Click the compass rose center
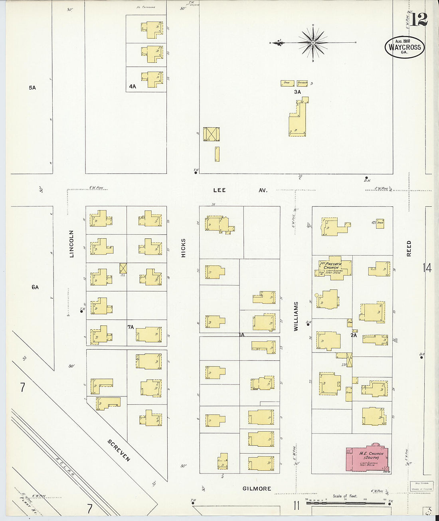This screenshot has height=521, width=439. coord(313,42)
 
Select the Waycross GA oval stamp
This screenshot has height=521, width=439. coord(405,48)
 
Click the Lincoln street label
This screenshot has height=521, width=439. coord(72,244)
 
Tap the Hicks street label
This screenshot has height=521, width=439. coord(184,248)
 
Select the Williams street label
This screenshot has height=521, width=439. coord(296,316)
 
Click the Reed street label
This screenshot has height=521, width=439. coord(409,248)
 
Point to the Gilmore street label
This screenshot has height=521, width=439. coord(257,489)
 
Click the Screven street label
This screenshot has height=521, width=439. coord(119,450)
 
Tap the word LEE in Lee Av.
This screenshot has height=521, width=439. coord(219,190)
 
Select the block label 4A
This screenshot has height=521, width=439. coord(132,86)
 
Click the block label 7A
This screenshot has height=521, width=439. coord(131,327)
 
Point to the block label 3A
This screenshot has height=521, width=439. coord(297,92)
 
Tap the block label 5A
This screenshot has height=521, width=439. coord(32,87)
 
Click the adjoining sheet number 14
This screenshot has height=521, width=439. coord(427,268)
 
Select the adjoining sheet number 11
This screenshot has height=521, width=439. coord(296,506)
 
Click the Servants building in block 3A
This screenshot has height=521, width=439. coord(302,83)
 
